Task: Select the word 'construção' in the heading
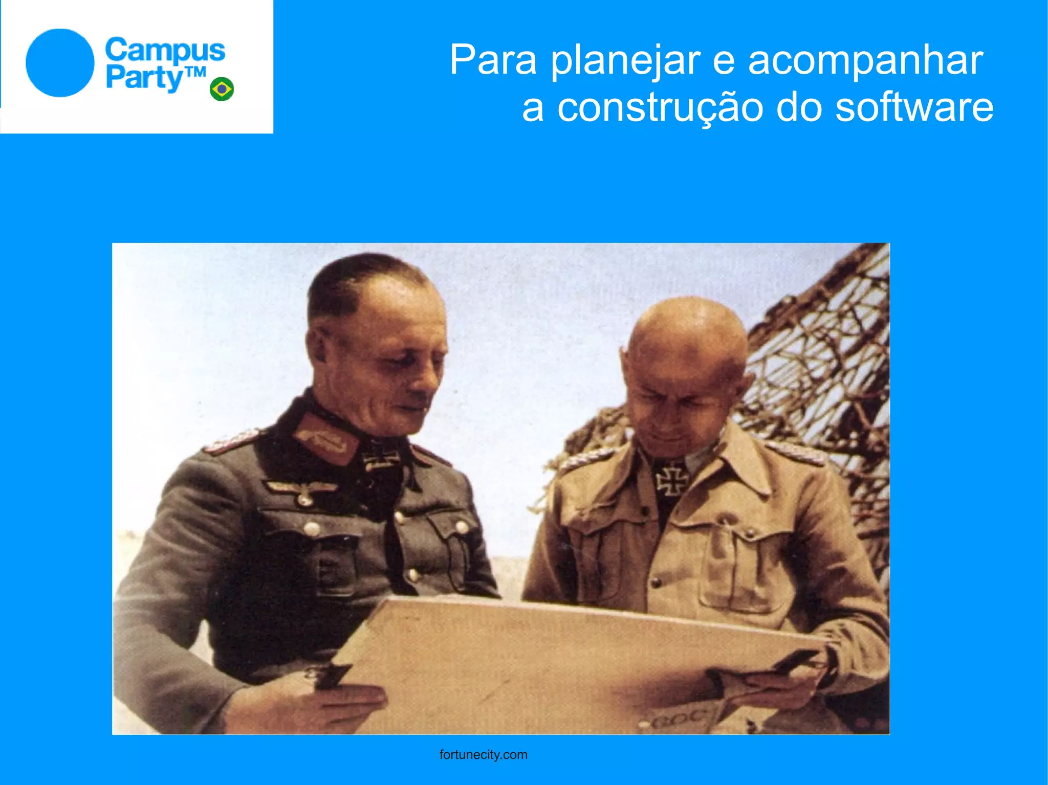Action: click(660, 108)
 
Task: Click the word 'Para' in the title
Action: click(493, 60)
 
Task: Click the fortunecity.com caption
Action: click(483, 755)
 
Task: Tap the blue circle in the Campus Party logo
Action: click(60, 63)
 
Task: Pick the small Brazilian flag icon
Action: click(222, 89)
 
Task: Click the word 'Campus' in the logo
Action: click(165, 50)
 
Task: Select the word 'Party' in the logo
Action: click(144, 78)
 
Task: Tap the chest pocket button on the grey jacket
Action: click(311, 528)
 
